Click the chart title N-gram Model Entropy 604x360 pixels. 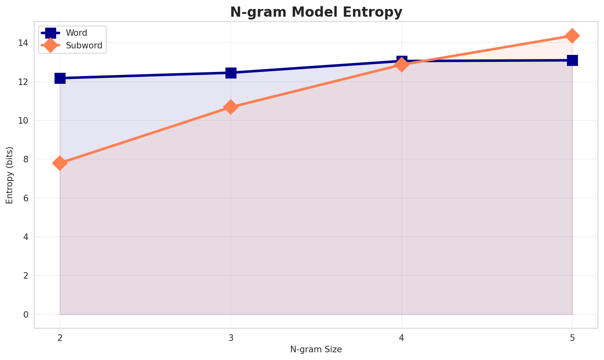tap(316, 12)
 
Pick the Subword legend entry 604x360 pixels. tap(84, 45)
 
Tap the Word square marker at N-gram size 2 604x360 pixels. tap(60, 78)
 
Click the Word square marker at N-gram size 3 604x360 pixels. tap(231, 73)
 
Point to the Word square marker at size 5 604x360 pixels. tap(572, 60)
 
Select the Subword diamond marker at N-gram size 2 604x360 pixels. tap(60, 163)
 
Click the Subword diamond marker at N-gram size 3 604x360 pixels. tap(231, 107)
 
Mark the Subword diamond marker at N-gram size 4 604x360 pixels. tap(402, 65)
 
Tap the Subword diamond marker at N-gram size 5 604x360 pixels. tap(572, 36)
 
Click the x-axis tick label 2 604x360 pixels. tap(60, 338)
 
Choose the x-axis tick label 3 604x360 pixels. tap(231, 338)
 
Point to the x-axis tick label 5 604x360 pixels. tap(572, 338)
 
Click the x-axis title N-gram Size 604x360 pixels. tap(316, 349)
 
